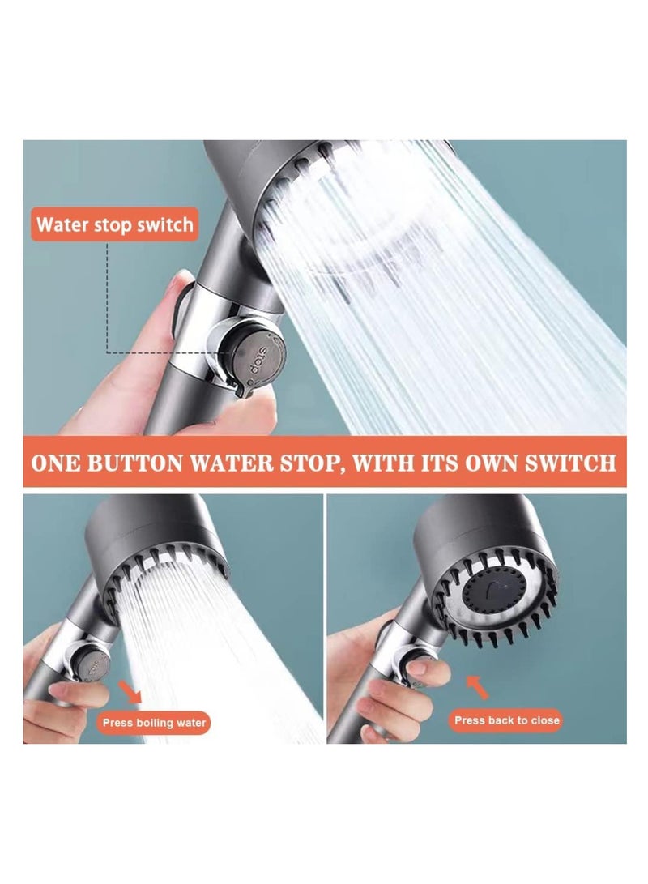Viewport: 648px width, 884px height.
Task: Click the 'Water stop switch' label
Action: (x=115, y=224)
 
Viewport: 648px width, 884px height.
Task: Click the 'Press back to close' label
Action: (x=506, y=720)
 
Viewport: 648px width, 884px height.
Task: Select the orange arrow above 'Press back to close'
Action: (x=479, y=686)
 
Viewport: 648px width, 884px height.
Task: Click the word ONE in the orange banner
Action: (x=58, y=463)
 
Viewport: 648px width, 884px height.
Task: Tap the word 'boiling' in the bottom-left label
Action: (x=154, y=722)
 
